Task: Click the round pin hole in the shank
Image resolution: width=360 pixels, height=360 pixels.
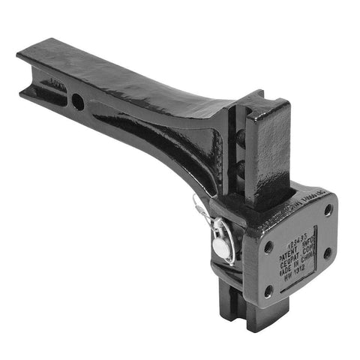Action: (78, 102)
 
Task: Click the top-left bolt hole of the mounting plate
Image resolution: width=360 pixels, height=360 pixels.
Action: (268, 246)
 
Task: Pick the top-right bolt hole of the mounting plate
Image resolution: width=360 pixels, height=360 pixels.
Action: (328, 211)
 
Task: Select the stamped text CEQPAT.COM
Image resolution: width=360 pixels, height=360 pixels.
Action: (298, 251)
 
